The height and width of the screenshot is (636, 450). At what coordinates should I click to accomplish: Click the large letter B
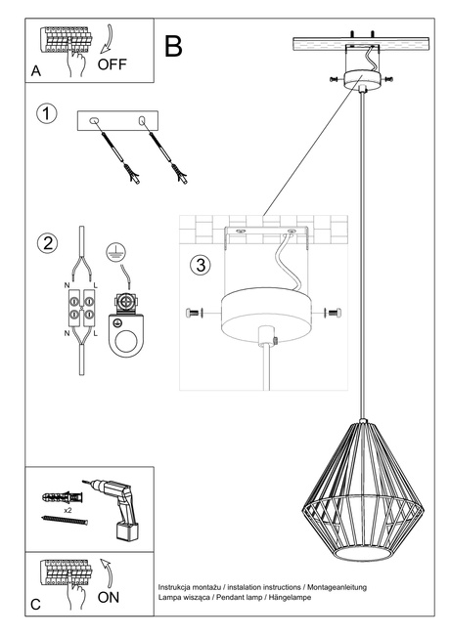tap(174, 46)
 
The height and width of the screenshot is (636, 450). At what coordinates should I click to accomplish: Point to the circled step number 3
tap(199, 264)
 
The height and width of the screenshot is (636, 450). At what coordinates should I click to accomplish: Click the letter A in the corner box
tap(36, 71)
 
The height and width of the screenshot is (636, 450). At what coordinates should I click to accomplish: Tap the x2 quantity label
tap(67, 511)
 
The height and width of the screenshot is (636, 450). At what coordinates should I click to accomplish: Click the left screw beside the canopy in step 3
tap(192, 313)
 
